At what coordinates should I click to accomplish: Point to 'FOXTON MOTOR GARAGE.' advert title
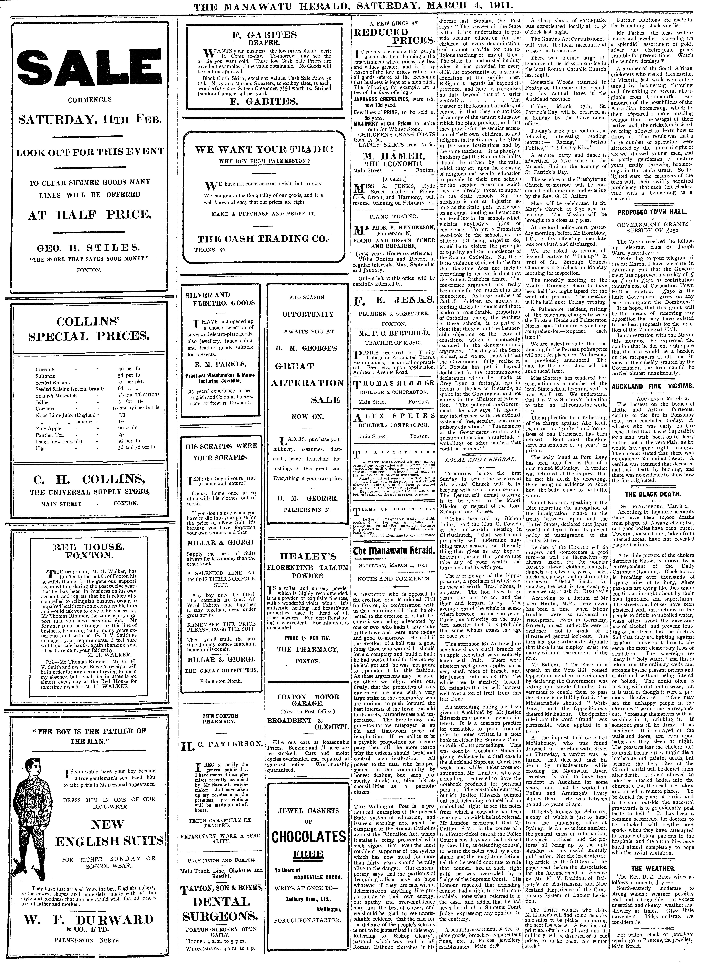[308, 701]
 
